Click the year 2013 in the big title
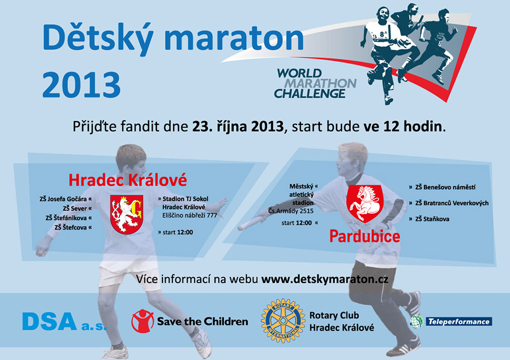tap(81, 84)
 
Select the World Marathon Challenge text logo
tap(315, 83)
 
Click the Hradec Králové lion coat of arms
tap(127, 214)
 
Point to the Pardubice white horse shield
tap(365, 204)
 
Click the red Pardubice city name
tap(365, 236)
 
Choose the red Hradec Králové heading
tap(128, 180)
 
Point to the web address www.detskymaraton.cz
tap(325, 279)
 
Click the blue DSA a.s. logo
tap(64, 322)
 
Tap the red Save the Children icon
tap(142, 321)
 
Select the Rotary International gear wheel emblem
tap(283, 321)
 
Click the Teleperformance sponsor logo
tap(451, 322)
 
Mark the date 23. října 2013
tap(238, 127)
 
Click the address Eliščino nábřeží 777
tap(190, 215)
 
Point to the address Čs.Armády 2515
tap(291, 211)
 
